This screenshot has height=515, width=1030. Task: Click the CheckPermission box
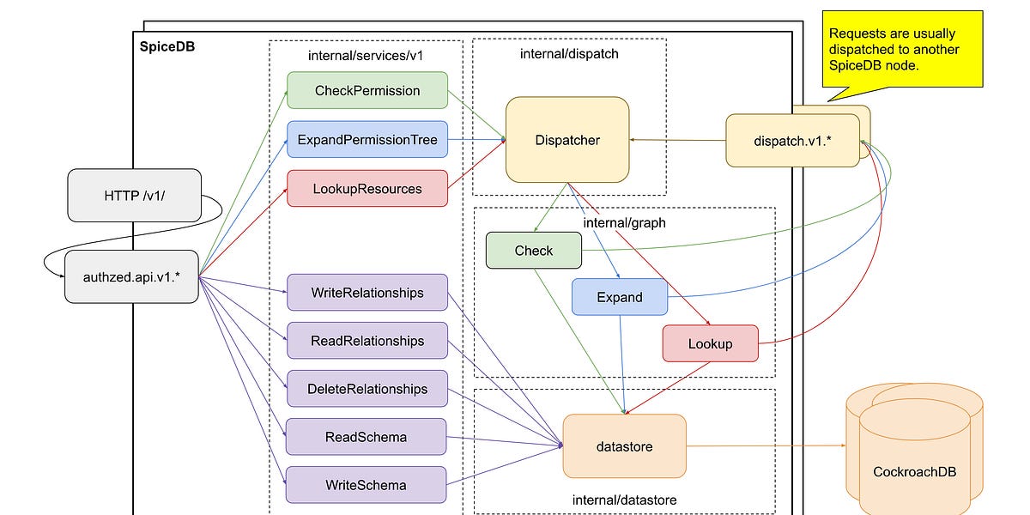367,90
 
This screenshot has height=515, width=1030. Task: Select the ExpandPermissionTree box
367,139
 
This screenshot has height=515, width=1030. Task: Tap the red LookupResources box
367,188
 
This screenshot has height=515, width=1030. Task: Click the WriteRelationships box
367,293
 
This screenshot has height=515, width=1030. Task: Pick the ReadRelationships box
367,341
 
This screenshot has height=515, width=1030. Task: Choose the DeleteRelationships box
367,389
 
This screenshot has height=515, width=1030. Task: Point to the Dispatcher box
567,140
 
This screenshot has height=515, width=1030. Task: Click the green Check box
534,251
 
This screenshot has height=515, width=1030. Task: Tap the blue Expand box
620,297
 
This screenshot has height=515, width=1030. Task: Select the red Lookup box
711,343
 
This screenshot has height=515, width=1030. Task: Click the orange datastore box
624,446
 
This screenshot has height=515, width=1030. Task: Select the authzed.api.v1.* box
131,276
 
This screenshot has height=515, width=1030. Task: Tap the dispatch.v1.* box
791,140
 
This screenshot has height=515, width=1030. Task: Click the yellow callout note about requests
901,50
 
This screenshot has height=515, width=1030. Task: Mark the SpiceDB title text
167,47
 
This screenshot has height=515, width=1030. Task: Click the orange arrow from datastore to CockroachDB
764,445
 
